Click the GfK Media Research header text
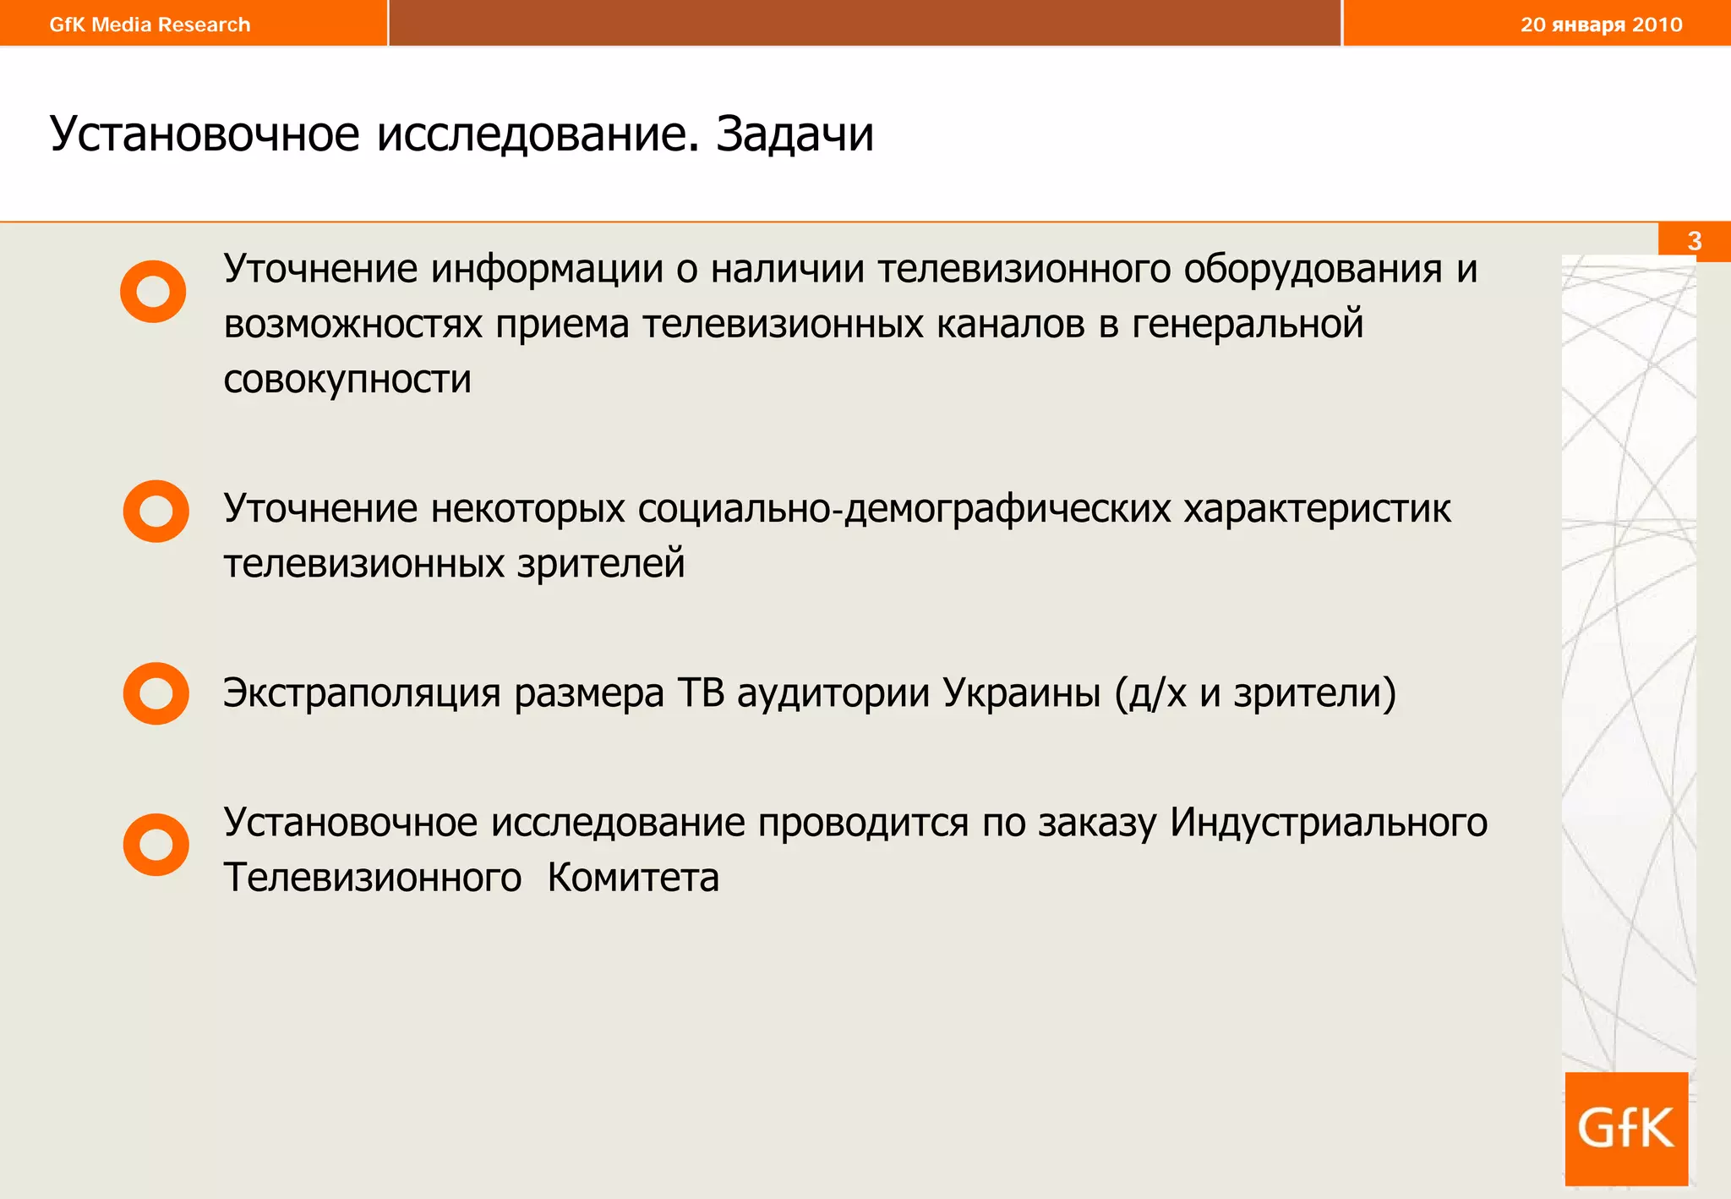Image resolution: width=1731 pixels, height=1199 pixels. tap(150, 25)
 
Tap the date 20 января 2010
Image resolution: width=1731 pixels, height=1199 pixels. tap(1601, 25)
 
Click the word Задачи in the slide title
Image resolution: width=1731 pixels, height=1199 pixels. tap(795, 134)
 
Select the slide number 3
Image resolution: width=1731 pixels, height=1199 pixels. tap(1694, 241)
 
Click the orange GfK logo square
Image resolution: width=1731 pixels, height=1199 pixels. tap(1626, 1129)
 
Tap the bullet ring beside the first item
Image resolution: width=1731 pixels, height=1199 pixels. tap(153, 292)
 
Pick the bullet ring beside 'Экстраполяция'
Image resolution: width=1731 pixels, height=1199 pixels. tap(156, 693)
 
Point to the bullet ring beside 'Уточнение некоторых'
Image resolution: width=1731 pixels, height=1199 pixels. tap(156, 512)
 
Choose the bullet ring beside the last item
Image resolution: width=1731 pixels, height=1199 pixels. tap(156, 845)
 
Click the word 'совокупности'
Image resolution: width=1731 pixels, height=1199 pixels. tap(347, 380)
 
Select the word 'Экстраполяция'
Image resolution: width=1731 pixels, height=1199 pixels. tap(362, 693)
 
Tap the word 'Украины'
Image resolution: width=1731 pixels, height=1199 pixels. tap(1021, 693)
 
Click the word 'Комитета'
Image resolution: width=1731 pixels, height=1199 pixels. tap(633, 878)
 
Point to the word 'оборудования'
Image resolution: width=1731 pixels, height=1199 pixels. tap(1313, 270)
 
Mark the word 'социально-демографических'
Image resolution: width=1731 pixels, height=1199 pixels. tap(904, 510)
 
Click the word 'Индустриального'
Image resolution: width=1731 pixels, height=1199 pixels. tap(1329, 823)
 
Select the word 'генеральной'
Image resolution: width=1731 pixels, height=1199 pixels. tap(1248, 325)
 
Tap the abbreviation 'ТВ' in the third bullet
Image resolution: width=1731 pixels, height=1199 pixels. tap(701, 693)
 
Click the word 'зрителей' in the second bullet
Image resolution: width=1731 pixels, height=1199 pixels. tap(601, 564)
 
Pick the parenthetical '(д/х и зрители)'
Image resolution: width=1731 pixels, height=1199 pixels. tap(1255, 693)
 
